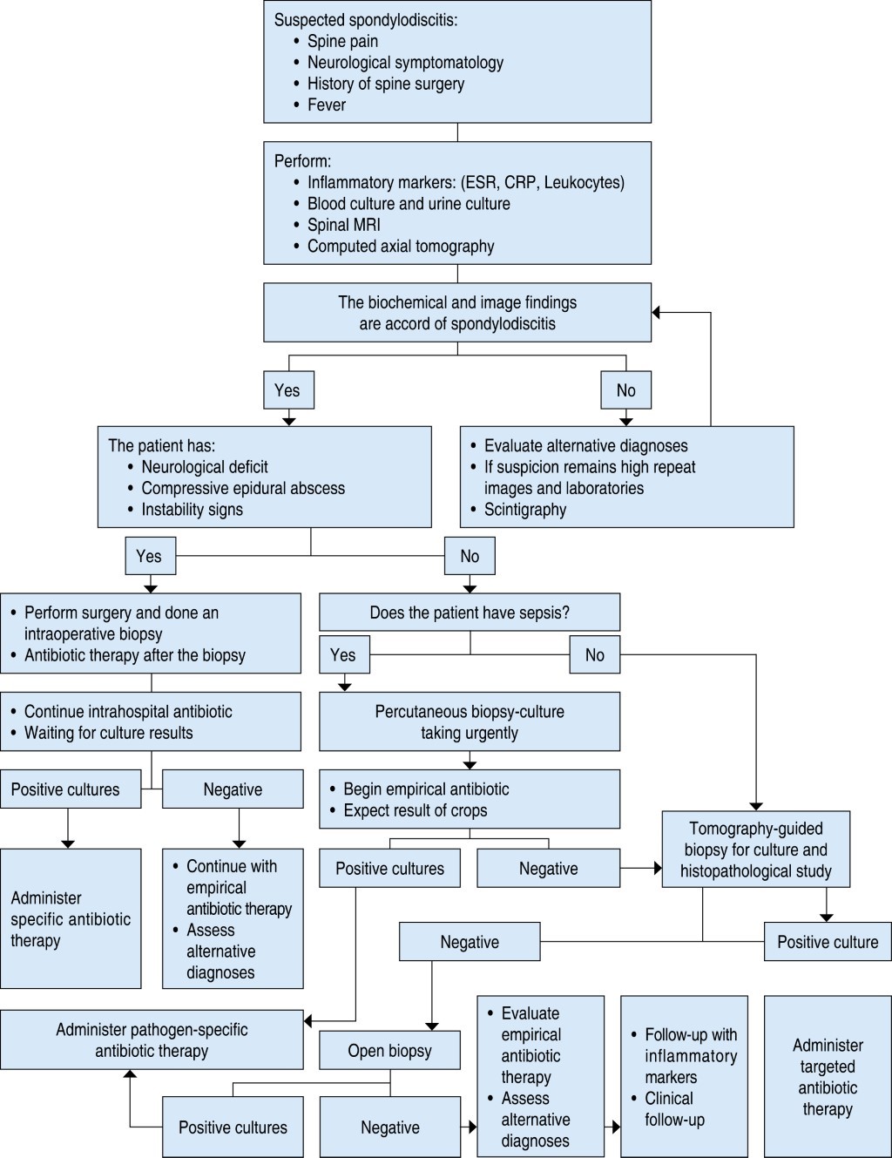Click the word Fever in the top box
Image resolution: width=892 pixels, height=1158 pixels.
(x=327, y=105)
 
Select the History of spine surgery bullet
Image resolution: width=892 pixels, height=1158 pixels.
(x=385, y=84)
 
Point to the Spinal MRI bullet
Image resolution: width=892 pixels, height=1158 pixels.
(x=343, y=225)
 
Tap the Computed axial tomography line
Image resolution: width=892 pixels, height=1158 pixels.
(x=401, y=247)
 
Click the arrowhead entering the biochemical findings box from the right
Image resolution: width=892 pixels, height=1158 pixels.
(x=657, y=312)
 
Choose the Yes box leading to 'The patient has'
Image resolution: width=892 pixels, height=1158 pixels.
(x=288, y=390)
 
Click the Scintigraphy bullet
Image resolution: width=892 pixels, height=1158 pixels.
(x=524, y=510)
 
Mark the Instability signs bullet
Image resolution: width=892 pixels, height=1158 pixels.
(x=192, y=510)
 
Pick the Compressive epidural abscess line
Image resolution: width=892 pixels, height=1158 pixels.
(x=243, y=488)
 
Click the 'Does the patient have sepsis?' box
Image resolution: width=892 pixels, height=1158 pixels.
(x=470, y=613)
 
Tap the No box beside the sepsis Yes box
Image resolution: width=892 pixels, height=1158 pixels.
(x=595, y=655)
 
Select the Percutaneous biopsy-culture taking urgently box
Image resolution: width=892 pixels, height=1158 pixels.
(x=470, y=721)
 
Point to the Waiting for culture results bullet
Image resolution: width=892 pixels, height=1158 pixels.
(x=108, y=733)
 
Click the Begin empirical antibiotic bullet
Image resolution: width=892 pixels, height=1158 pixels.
(x=426, y=789)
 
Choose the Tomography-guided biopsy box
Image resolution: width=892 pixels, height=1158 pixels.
(x=755, y=850)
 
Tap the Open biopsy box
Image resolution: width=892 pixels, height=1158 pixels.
(x=389, y=1051)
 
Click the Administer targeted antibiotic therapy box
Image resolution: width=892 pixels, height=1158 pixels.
(x=828, y=1077)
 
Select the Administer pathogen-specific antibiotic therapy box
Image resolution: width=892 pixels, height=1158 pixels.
(x=152, y=1040)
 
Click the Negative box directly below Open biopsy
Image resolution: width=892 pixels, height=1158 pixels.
(x=389, y=1128)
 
